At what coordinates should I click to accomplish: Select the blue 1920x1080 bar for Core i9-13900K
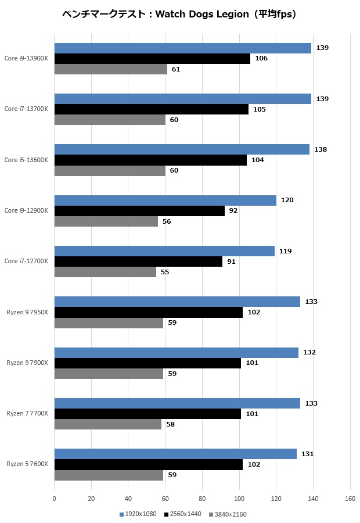pos(183,48)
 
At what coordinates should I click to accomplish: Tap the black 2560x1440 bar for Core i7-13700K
pos(151,109)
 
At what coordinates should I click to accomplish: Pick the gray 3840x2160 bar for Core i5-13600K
pos(110,171)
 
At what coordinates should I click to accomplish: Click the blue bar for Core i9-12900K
pos(165,200)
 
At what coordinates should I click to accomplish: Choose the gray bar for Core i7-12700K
pos(105,272)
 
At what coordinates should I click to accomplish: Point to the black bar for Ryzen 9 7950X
pos(148,312)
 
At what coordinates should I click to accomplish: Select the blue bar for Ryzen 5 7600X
pos(175,454)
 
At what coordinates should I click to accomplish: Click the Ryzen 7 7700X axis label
pos(27,414)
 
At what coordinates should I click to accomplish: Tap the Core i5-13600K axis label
pos(26,160)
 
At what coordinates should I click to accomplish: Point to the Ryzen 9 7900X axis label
pos(27,363)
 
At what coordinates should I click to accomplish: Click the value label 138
pos(321,149)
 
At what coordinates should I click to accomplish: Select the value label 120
pos(287,200)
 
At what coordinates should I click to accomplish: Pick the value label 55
pos(165,272)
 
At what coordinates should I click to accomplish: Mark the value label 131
pos(307,454)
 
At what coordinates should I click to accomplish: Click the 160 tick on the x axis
pos(350,499)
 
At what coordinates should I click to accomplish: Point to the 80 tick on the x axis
pos(202,499)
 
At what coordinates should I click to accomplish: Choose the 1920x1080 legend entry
pos(138,514)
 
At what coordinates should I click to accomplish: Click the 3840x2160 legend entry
pos(230,514)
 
